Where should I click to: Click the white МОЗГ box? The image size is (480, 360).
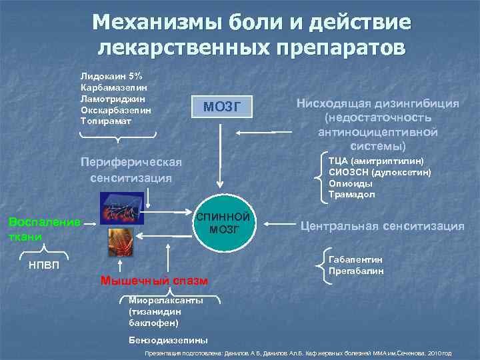coord(219,107)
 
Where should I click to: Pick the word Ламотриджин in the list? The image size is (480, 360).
coord(112,99)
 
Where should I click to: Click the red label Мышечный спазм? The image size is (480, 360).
coord(155,280)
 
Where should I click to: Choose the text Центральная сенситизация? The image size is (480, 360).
coord(382,226)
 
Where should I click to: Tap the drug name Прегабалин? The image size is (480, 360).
coord(356,271)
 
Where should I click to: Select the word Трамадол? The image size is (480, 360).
coord(351,195)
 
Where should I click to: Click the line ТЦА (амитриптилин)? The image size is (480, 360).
coord(376,161)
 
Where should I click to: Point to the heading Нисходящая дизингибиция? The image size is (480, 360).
coord(377,104)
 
